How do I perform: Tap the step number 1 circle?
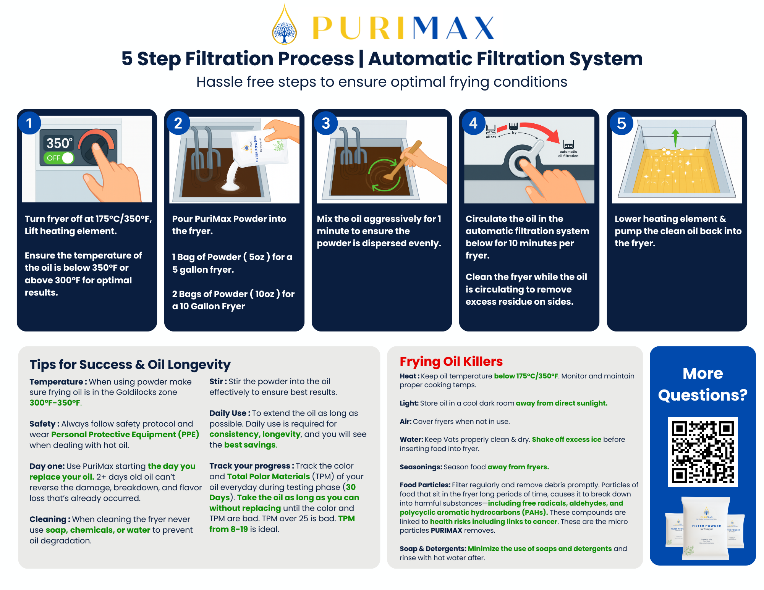[29, 123]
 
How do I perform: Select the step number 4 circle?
[473, 123]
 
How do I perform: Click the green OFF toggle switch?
[59, 158]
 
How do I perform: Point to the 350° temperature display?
[59, 143]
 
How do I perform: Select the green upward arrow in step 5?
[675, 137]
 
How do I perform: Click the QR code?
[702, 452]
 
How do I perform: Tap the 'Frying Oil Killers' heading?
[451, 361]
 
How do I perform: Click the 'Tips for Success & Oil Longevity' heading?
[130, 364]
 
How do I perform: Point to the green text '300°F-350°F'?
[55, 402]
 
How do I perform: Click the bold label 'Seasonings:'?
[421, 467]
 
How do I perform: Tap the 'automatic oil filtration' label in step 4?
[568, 154]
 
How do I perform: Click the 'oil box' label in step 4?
[491, 137]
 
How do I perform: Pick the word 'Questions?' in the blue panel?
[702, 395]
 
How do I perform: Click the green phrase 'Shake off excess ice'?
[567, 440]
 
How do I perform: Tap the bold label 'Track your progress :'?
[251, 466]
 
